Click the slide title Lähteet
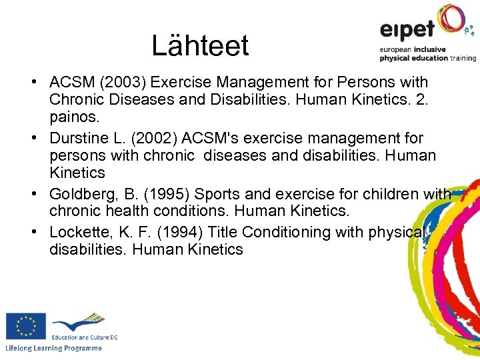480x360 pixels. pos(200,45)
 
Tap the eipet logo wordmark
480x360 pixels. pos(407,29)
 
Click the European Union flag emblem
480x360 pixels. pos(26,326)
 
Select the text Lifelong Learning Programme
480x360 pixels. pos(53,349)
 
